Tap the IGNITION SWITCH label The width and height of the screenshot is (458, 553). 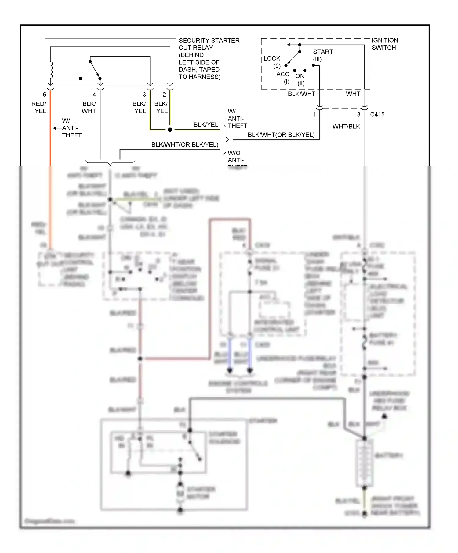(x=384, y=44)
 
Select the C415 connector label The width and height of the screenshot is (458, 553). (x=377, y=115)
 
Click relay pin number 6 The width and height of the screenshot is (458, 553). (x=45, y=95)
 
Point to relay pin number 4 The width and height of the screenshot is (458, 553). (x=94, y=95)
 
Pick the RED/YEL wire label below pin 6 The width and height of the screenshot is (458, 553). (x=39, y=107)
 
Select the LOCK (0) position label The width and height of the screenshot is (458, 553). (x=272, y=62)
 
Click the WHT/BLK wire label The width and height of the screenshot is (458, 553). (x=346, y=126)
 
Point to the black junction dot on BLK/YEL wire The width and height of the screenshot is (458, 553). (x=170, y=130)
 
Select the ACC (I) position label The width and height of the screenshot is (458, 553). (x=283, y=77)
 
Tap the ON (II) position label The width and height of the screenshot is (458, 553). (x=300, y=79)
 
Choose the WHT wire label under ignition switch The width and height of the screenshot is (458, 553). (x=353, y=94)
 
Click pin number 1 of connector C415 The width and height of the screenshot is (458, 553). (x=314, y=115)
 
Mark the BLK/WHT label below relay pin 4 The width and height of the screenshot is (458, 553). (x=89, y=107)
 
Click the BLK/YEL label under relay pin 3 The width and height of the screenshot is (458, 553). (x=140, y=107)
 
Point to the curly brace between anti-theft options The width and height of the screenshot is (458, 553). (x=226, y=140)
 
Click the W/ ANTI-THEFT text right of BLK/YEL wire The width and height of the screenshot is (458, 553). (x=237, y=119)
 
